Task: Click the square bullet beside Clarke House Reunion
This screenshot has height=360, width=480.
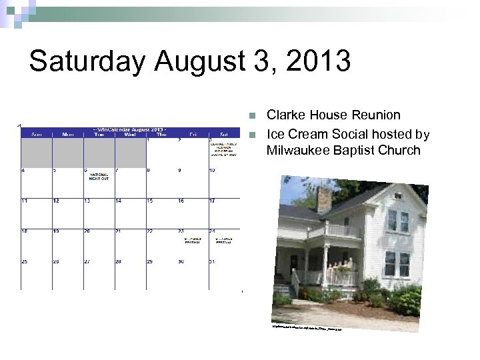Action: point(251,115)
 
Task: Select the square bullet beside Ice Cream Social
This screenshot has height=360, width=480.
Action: point(251,135)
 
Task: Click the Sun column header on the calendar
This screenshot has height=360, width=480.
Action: point(36,134)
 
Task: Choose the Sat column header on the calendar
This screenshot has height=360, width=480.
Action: point(223,134)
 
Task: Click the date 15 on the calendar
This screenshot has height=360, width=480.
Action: point(150,201)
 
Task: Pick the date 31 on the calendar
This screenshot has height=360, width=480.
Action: point(213,261)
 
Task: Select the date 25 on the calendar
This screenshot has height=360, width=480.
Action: point(25,261)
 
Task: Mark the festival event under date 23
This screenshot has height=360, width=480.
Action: point(193,240)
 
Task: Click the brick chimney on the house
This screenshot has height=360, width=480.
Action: point(325,198)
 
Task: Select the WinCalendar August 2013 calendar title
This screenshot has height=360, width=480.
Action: point(130,128)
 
